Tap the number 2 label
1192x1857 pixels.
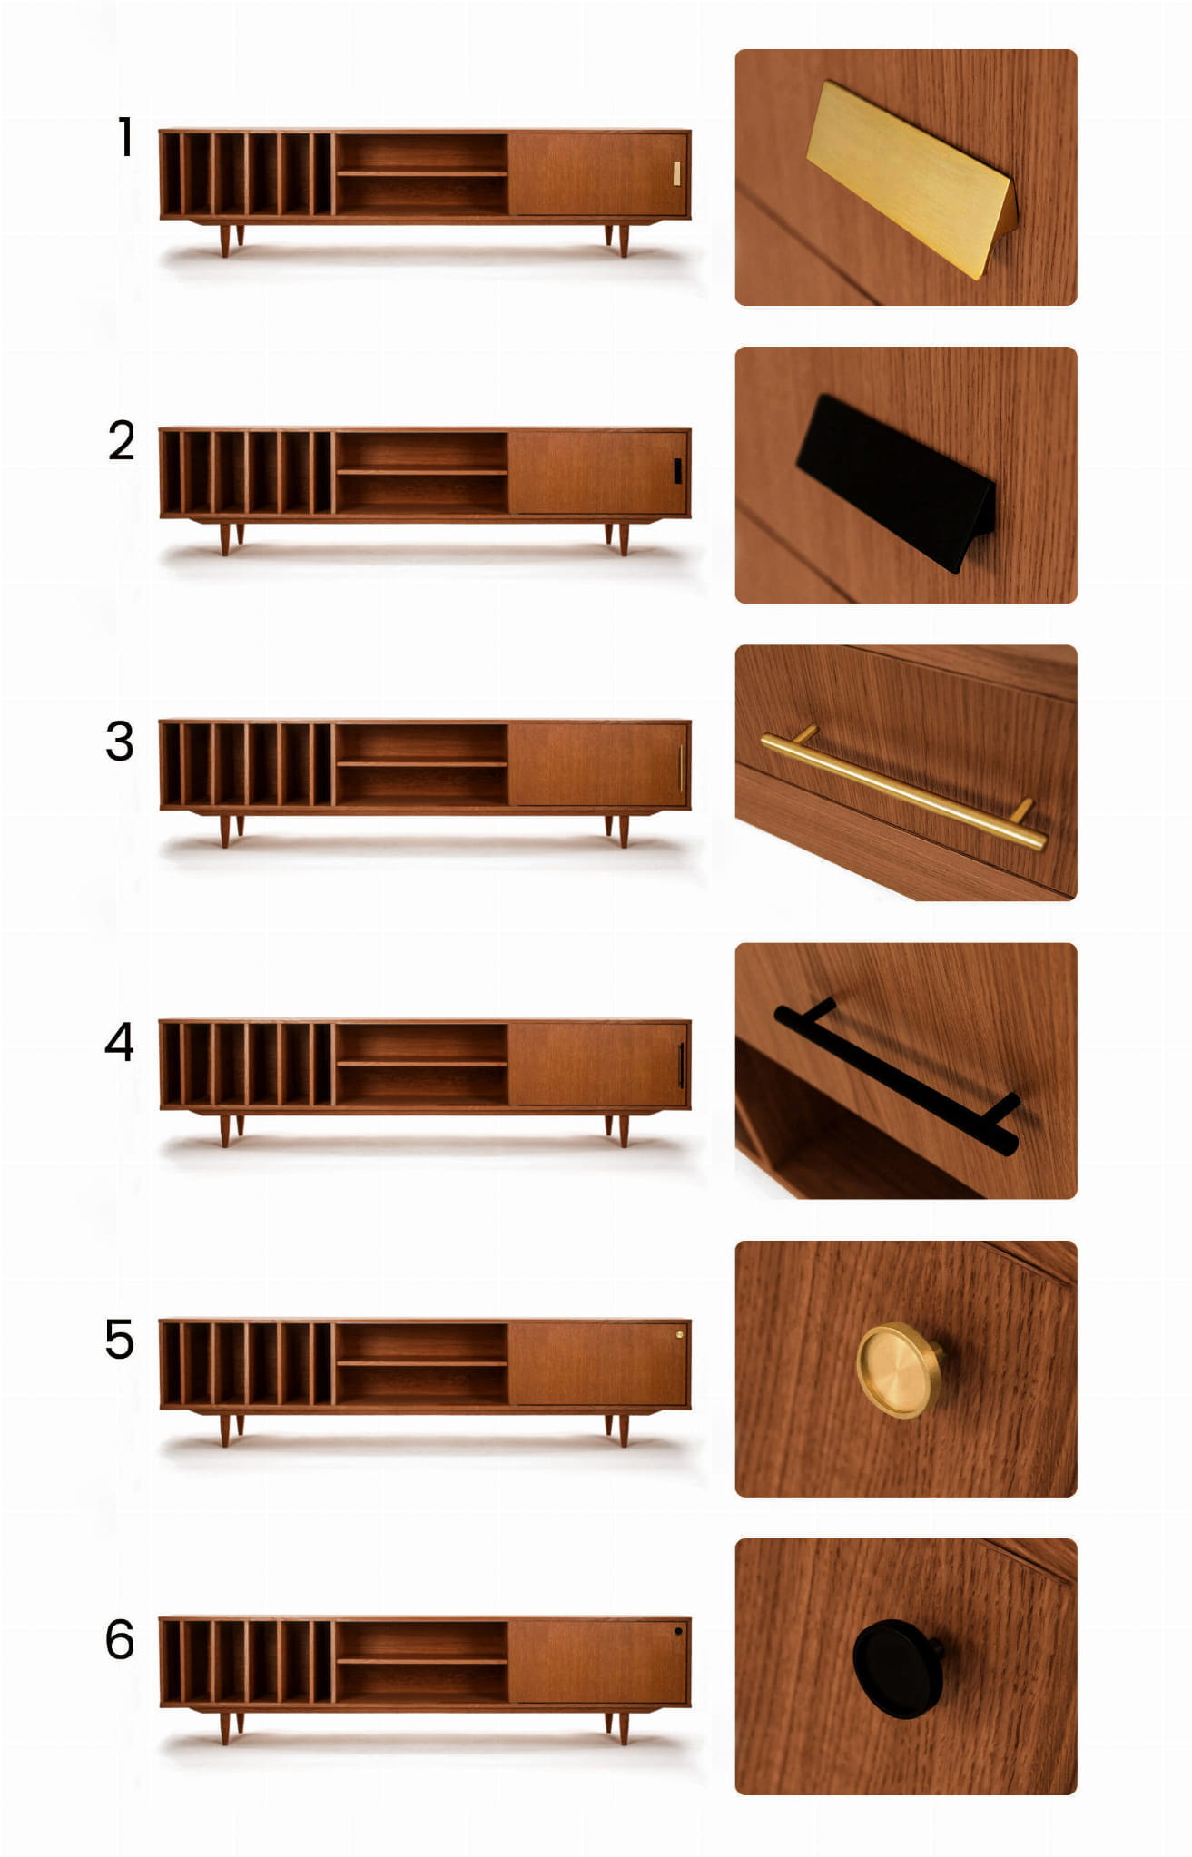[x=122, y=440]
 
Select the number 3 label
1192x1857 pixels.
[x=120, y=741]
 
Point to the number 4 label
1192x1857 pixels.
[x=120, y=1041]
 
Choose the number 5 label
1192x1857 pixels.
[x=120, y=1340]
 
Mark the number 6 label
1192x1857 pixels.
[x=120, y=1639]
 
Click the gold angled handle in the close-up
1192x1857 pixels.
[x=911, y=178]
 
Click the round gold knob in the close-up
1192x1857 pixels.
[x=898, y=1370]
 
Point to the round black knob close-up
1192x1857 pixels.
[x=897, y=1668]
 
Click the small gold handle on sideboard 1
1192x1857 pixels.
[x=676, y=173]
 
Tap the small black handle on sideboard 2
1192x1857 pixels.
[x=677, y=471]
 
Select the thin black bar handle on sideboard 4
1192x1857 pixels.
[x=680, y=1065]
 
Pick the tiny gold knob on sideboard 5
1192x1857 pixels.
[x=679, y=1334]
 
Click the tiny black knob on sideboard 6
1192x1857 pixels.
[x=679, y=1631]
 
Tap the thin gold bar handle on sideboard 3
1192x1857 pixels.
[x=680, y=768]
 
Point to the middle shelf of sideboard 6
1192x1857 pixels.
[x=422, y=1661]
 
